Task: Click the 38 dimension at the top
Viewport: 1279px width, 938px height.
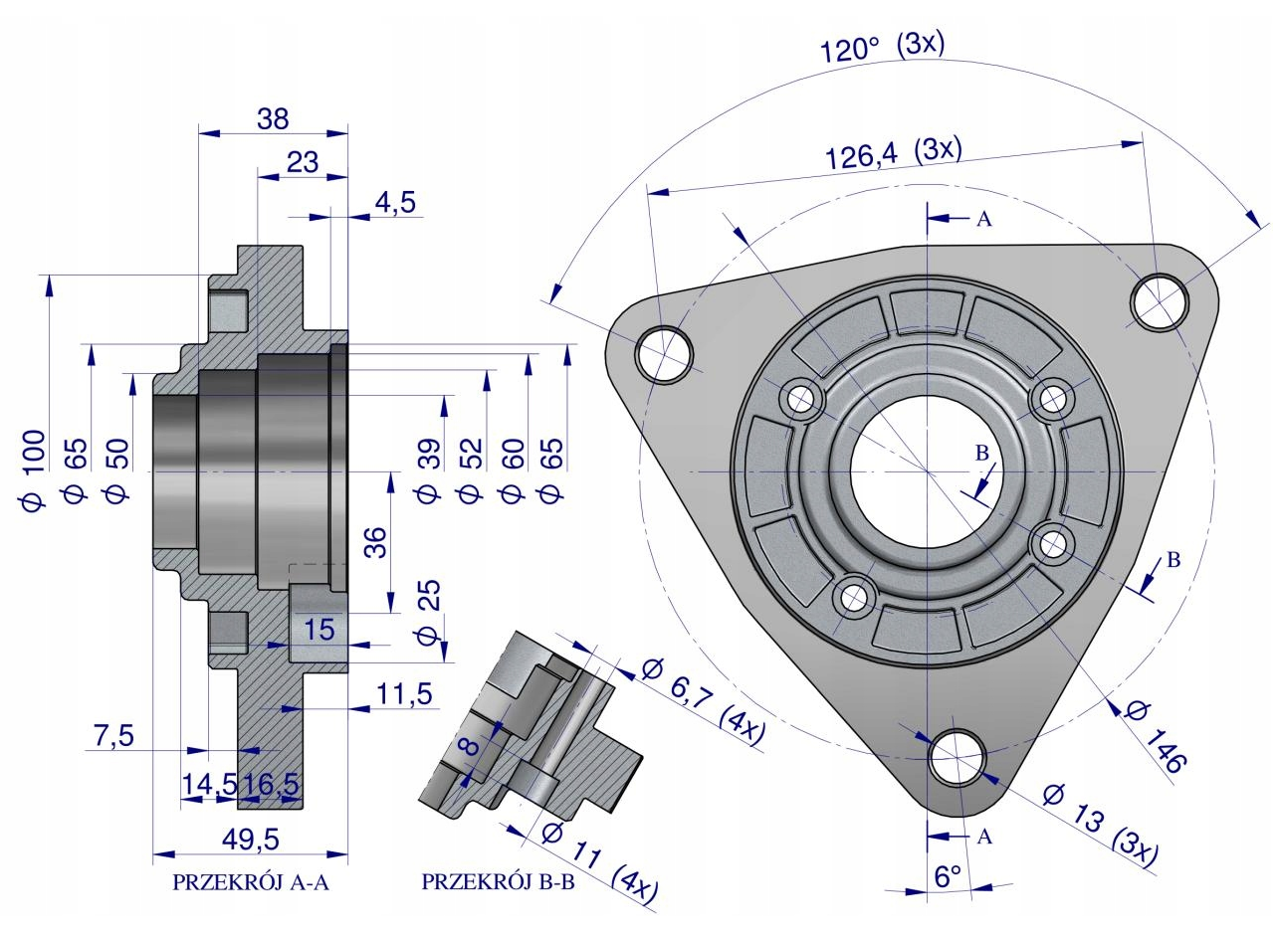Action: [x=273, y=119]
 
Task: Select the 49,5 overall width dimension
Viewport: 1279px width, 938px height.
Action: [x=251, y=840]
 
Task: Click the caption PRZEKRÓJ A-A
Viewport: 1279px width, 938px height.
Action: [x=251, y=882]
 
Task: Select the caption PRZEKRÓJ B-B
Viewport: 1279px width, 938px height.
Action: [x=498, y=882]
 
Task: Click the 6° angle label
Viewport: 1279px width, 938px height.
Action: [x=948, y=875]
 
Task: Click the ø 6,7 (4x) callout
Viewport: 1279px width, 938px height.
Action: [x=703, y=702]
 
